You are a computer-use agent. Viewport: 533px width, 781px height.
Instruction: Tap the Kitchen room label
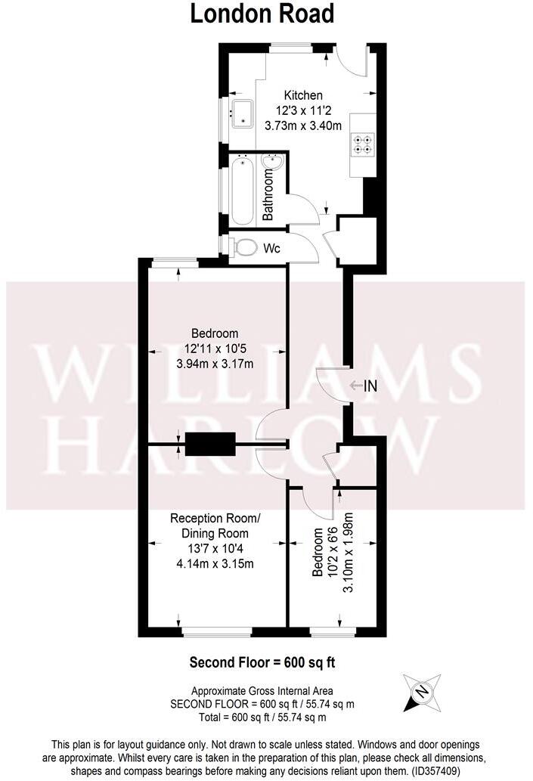[303, 95]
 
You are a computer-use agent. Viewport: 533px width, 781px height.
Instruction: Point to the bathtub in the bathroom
[243, 189]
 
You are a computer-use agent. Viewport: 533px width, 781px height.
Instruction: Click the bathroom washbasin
[272, 163]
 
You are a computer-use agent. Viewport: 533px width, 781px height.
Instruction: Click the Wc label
[272, 248]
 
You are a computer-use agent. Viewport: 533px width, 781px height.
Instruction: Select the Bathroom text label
[267, 195]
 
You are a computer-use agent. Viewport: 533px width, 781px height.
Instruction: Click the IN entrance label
[370, 386]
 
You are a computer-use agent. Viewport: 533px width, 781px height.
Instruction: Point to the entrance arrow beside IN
[355, 386]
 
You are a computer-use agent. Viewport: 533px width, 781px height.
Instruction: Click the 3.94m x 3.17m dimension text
[215, 364]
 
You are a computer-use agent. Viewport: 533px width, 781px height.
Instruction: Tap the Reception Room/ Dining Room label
[215, 525]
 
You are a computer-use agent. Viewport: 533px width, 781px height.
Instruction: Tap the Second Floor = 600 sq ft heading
[262, 662]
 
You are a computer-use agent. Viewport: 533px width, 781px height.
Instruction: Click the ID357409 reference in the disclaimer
[432, 772]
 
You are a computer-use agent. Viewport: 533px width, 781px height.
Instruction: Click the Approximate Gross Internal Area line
[262, 690]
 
